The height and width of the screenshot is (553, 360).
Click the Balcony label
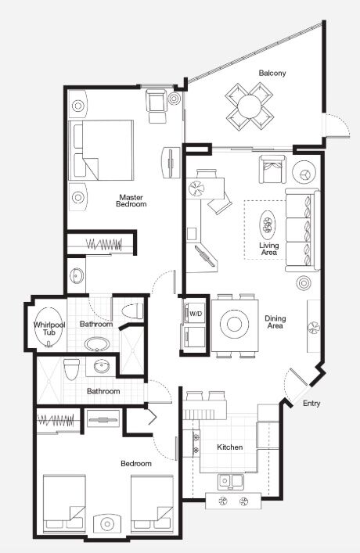pyautogui.click(x=272, y=73)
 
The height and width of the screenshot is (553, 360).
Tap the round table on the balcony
pyautogui.click(x=250, y=106)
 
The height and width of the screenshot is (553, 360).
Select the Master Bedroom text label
pyautogui.click(x=131, y=201)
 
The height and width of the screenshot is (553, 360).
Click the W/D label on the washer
pyautogui.click(x=196, y=314)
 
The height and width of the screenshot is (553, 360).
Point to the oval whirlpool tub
pyautogui.click(x=49, y=328)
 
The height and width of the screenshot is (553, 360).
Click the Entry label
pyautogui.click(x=311, y=404)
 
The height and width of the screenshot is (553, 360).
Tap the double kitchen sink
pyautogui.click(x=231, y=481)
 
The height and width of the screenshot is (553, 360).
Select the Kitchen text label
pyautogui.click(x=230, y=447)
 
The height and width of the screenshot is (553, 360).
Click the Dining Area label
pyautogui.click(x=275, y=322)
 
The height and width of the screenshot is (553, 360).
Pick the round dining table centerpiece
pyautogui.click(x=234, y=324)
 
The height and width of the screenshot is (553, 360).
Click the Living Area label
pyautogui.click(x=269, y=249)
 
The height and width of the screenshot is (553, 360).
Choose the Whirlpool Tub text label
pyautogui.click(x=49, y=329)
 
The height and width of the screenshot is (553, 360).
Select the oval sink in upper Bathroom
pyautogui.click(x=97, y=344)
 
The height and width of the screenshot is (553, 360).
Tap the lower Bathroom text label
pyautogui.click(x=103, y=391)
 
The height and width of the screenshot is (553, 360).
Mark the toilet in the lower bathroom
pyautogui.click(x=71, y=369)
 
